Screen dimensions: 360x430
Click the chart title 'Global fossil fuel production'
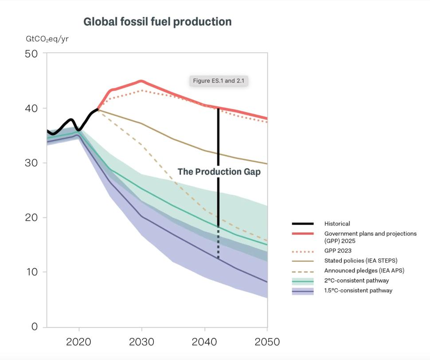(x=157, y=22)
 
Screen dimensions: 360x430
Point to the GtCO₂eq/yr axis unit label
(x=47, y=39)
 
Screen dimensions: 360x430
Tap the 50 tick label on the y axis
(x=32, y=54)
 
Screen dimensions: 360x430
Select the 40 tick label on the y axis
(x=32, y=108)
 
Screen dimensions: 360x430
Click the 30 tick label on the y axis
(x=32, y=163)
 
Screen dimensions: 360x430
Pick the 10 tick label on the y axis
(x=32, y=272)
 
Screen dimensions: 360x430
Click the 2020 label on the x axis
(x=79, y=342)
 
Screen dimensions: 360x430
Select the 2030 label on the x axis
(x=141, y=342)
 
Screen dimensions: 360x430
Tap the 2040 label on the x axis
(x=204, y=342)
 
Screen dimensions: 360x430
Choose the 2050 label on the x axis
(x=267, y=342)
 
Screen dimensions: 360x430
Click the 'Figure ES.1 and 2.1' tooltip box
(x=219, y=81)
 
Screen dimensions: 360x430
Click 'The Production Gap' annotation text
(x=219, y=172)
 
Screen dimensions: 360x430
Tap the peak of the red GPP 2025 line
(x=141, y=81)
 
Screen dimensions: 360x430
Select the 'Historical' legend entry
(x=337, y=224)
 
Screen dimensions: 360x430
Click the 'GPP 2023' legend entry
(x=338, y=251)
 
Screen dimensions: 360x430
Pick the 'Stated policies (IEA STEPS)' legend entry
(x=360, y=260)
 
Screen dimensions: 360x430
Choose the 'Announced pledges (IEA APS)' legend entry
(x=364, y=271)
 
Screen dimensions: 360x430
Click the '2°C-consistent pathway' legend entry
(x=356, y=280)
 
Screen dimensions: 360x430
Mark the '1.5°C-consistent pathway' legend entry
(x=358, y=290)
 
